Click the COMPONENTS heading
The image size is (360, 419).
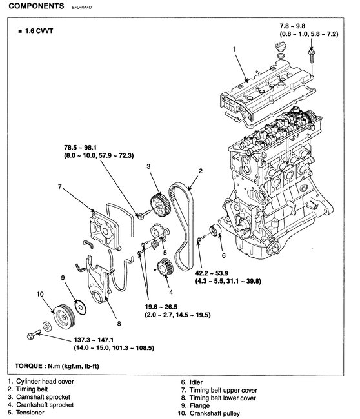(x=36, y=6)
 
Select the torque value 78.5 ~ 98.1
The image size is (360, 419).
(x=81, y=148)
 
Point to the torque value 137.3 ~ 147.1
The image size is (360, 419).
(x=94, y=340)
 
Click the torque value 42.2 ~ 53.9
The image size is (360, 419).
(x=212, y=273)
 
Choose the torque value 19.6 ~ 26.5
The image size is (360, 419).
(x=161, y=307)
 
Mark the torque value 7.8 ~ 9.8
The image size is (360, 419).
(x=293, y=26)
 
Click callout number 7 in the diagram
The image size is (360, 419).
(x=60, y=187)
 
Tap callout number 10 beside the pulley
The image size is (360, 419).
(x=40, y=294)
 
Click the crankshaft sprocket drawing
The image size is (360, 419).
(x=165, y=268)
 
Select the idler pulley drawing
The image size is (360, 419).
(x=215, y=231)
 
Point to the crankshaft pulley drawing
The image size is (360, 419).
(x=65, y=317)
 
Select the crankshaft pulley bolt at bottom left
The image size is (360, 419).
(x=34, y=335)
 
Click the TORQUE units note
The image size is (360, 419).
(x=57, y=366)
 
